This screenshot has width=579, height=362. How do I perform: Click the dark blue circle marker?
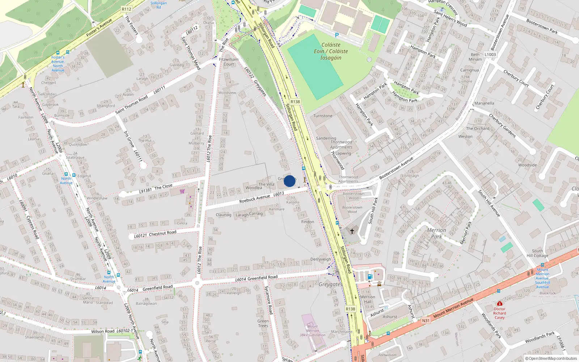pyautogui.click(x=289, y=181)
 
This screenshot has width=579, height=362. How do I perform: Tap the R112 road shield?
pyautogui.click(x=127, y=9)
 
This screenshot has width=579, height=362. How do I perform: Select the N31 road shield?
pyautogui.click(x=426, y=320)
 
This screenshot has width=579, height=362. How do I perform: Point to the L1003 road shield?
pyautogui.click(x=490, y=54)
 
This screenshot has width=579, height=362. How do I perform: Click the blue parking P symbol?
pyautogui.click(x=337, y=35)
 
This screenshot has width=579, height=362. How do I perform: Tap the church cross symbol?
pyautogui.click(x=352, y=231)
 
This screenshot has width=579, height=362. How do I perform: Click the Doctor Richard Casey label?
pyautogui.click(x=499, y=313)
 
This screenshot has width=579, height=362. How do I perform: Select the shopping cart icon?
pyautogui.click(x=182, y=191)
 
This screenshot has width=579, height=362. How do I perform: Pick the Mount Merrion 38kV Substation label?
pyautogui.click(x=312, y=331)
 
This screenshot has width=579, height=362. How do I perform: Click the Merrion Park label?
pyautogui.click(x=436, y=233)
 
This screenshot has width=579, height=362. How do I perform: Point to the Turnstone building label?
pyautogui.click(x=323, y=116)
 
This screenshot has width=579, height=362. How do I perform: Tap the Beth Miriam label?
pyautogui.click(x=475, y=57)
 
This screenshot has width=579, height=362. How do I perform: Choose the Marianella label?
pyautogui.click(x=484, y=103)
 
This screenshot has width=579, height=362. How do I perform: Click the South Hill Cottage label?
pyautogui.click(x=537, y=253)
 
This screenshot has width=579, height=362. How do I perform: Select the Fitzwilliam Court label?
pyautogui.click(x=229, y=62)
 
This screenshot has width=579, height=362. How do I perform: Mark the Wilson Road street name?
pyautogui.click(x=103, y=331)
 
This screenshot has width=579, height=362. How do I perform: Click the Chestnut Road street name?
pyautogui.click(x=162, y=233)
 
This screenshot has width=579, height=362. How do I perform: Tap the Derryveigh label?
pyautogui.click(x=321, y=259)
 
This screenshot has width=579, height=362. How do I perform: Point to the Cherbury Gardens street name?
pyautogui.click(x=502, y=125)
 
